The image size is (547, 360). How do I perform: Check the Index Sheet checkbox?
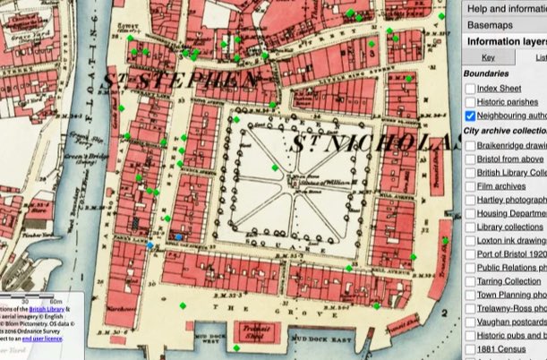tap(470, 89)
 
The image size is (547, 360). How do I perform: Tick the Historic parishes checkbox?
tap(470, 102)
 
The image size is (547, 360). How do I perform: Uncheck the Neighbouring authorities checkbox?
tap(470, 116)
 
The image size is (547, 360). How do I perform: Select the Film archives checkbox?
tap(470, 186)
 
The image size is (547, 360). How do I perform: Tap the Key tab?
tap(487, 57)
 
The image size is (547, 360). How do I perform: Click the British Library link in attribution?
tap(54, 305)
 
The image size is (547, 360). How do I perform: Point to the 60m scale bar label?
tap(56, 301)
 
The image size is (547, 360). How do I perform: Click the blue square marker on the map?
tap(179, 236)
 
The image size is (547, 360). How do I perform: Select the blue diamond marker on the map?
tap(150, 245)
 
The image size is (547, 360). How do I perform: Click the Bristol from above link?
tap(511, 159)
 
